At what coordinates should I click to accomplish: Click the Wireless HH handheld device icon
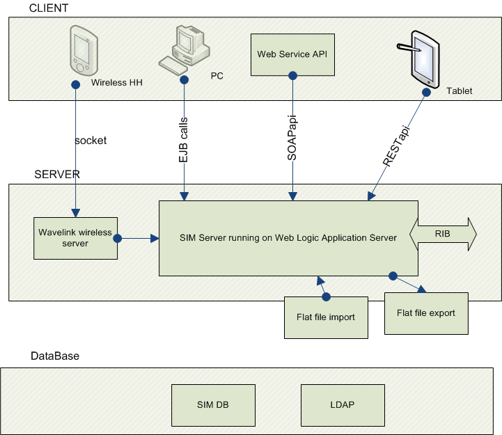(x=81, y=49)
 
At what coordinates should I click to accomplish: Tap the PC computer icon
(x=184, y=49)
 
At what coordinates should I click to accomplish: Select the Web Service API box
(x=292, y=54)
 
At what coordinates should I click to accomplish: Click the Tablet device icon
(x=425, y=58)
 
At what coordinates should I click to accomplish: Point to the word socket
(x=91, y=141)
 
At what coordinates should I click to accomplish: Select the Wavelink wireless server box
(x=76, y=238)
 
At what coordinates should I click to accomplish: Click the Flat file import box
(x=327, y=317)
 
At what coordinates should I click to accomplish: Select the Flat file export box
(x=426, y=313)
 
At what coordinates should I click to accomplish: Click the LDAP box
(x=343, y=404)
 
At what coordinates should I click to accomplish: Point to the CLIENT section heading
(x=49, y=8)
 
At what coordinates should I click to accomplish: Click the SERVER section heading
(x=57, y=174)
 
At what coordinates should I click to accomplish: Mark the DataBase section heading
(x=55, y=356)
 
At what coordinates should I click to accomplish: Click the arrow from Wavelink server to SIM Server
(x=139, y=238)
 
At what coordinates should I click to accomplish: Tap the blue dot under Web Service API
(x=292, y=77)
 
